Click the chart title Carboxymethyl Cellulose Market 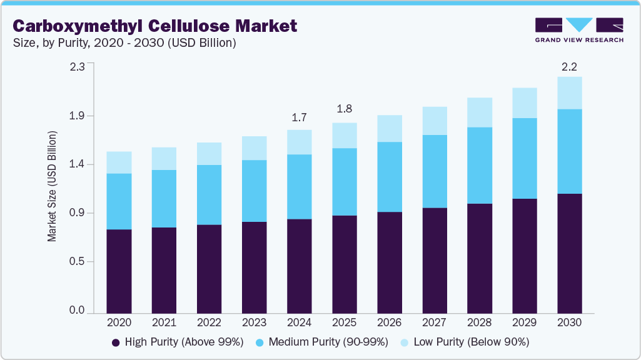click(155, 26)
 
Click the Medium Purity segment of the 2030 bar click(569, 151)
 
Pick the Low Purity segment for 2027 click(434, 121)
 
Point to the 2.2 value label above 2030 click(569, 66)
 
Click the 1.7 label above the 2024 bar click(299, 117)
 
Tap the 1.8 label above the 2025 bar click(344, 109)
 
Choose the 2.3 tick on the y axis click(78, 66)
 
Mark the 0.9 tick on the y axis click(78, 213)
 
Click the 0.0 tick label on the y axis click(78, 311)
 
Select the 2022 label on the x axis click(209, 322)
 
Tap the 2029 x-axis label click(524, 322)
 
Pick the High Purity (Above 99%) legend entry click(178, 342)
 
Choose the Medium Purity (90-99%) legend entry click(322, 342)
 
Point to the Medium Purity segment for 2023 click(254, 191)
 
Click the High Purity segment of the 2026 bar click(389, 262)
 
